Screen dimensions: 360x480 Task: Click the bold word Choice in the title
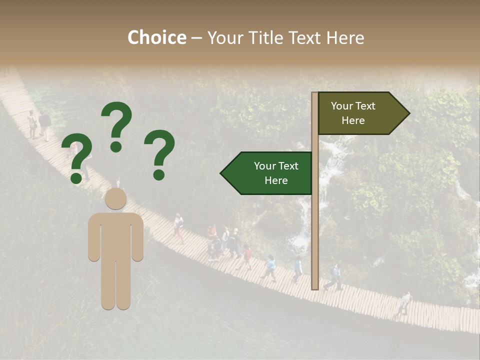point(156,37)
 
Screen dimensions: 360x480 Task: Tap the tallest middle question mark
point(117,125)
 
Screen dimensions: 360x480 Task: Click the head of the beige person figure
point(116,198)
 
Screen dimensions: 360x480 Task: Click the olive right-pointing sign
point(357,113)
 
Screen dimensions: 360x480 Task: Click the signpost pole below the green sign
point(315,240)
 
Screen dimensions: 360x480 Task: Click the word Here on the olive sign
point(353,120)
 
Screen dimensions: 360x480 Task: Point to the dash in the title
point(196,38)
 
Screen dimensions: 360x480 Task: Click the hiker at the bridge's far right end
point(404,303)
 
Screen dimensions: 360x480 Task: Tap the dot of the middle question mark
point(116,146)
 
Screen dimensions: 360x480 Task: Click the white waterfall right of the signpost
point(330,165)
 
